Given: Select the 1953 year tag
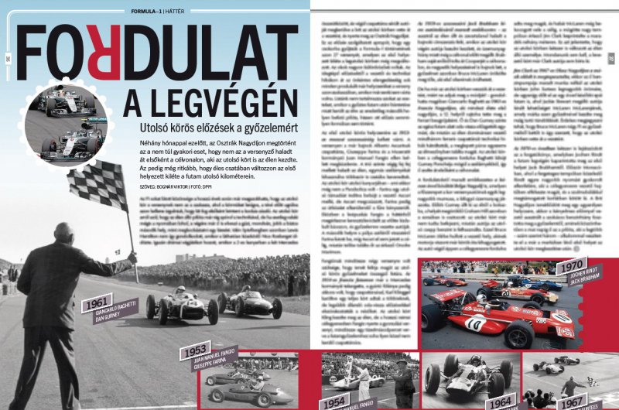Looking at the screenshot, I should tap(193, 352).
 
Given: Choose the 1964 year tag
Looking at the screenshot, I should tap(501, 401).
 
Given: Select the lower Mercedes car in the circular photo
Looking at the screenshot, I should tap(70, 143).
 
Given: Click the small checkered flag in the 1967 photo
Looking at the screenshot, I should tap(592, 381).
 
